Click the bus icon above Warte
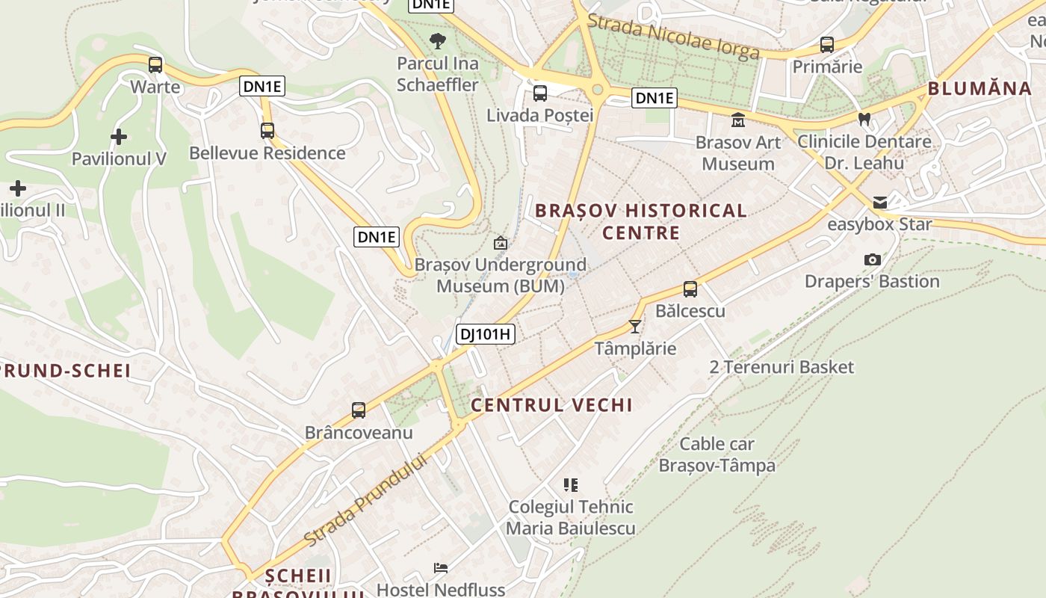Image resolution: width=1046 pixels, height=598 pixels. pyautogui.click(x=155, y=65)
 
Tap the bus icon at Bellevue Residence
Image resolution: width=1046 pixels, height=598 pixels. pyautogui.click(x=267, y=131)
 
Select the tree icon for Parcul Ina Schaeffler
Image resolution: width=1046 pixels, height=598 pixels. pyautogui.click(x=438, y=40)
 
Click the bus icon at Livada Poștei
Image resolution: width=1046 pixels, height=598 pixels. pyautogui.click(x=539, y=93)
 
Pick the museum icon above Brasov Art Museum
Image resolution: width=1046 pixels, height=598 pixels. pyautogui.click(x=738, y=120)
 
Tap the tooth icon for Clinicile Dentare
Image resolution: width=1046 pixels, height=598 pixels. pyautogui.click(x=864, y=119)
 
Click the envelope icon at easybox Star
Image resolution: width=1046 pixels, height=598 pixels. pyautogui.click(x=880, y=203)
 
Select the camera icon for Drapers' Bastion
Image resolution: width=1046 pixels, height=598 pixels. pyautogui.click(x=872, y=259)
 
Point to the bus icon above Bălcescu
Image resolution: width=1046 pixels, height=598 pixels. pyautogui.click(x=690, y=289)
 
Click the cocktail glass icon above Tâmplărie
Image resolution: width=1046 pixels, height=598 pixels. pyautogui.click(x=635, y=327)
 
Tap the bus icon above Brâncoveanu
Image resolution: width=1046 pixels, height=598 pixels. pyautogui.click(x=359, y=410)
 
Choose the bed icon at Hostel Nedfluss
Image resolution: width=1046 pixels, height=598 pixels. pyautogui.click(x=441, y=568)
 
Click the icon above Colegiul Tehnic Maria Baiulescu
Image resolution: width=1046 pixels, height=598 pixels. pyautogui.click(x=572, y=484)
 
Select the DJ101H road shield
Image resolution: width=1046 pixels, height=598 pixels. pyautogui.click(x=486, y=334)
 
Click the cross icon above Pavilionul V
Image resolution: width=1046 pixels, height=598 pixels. pyautogui.click(x=118, y=137)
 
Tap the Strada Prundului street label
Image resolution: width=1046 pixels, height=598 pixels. pyautogui.click(x=366, y=499)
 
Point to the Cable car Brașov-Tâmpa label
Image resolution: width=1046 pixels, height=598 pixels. pyautogui.click(x=717, y=454)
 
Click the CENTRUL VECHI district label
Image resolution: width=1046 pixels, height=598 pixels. pyautogui.click(x=551, y=405)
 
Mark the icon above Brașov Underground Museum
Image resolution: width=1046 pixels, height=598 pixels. pyautogui.click(x=501, y=243)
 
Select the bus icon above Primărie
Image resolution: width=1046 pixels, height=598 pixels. pyautogui.click(x=827, y=45)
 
